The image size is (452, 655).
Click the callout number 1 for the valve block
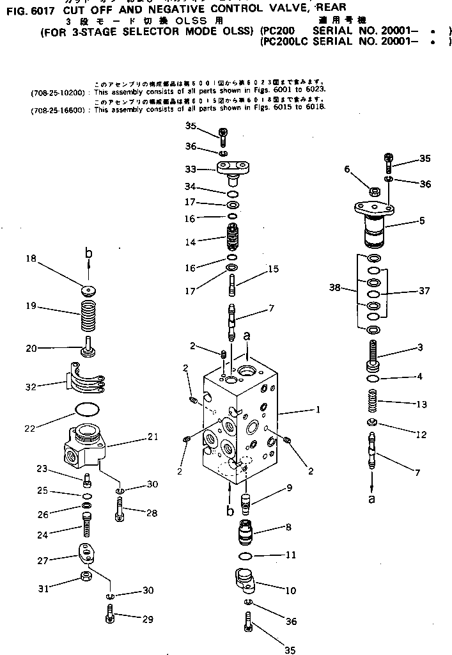pyautogui.click(x=317, y=409)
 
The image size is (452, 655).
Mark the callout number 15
pyautogui.click(x=273, y=269)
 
